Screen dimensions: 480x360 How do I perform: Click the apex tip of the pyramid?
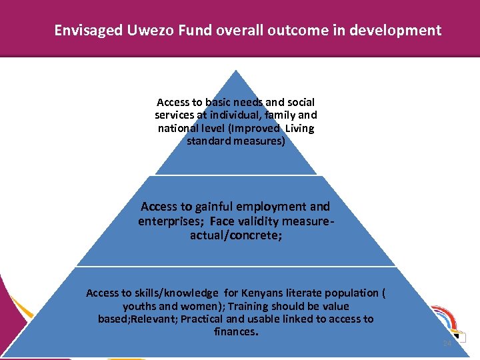click(235, 71)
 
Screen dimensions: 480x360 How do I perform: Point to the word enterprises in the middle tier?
click(169, 221)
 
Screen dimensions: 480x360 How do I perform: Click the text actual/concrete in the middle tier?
click(235, 235)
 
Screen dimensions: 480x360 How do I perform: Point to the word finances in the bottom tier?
click(235, 331)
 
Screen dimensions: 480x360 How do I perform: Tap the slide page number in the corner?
click(447, 343)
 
